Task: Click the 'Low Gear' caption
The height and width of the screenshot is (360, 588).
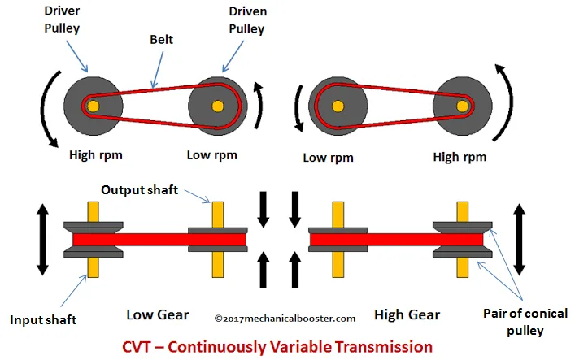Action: pyautogui.click(x=158, y=314)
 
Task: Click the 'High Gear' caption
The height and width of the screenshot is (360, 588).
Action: pyautogui.click(x=407, y=314)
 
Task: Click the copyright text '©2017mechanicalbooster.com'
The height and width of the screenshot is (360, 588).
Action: pyautogui.click(x=285, y=319)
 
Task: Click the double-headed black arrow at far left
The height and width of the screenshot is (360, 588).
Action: pyautogui.click(x=38, y=241)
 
